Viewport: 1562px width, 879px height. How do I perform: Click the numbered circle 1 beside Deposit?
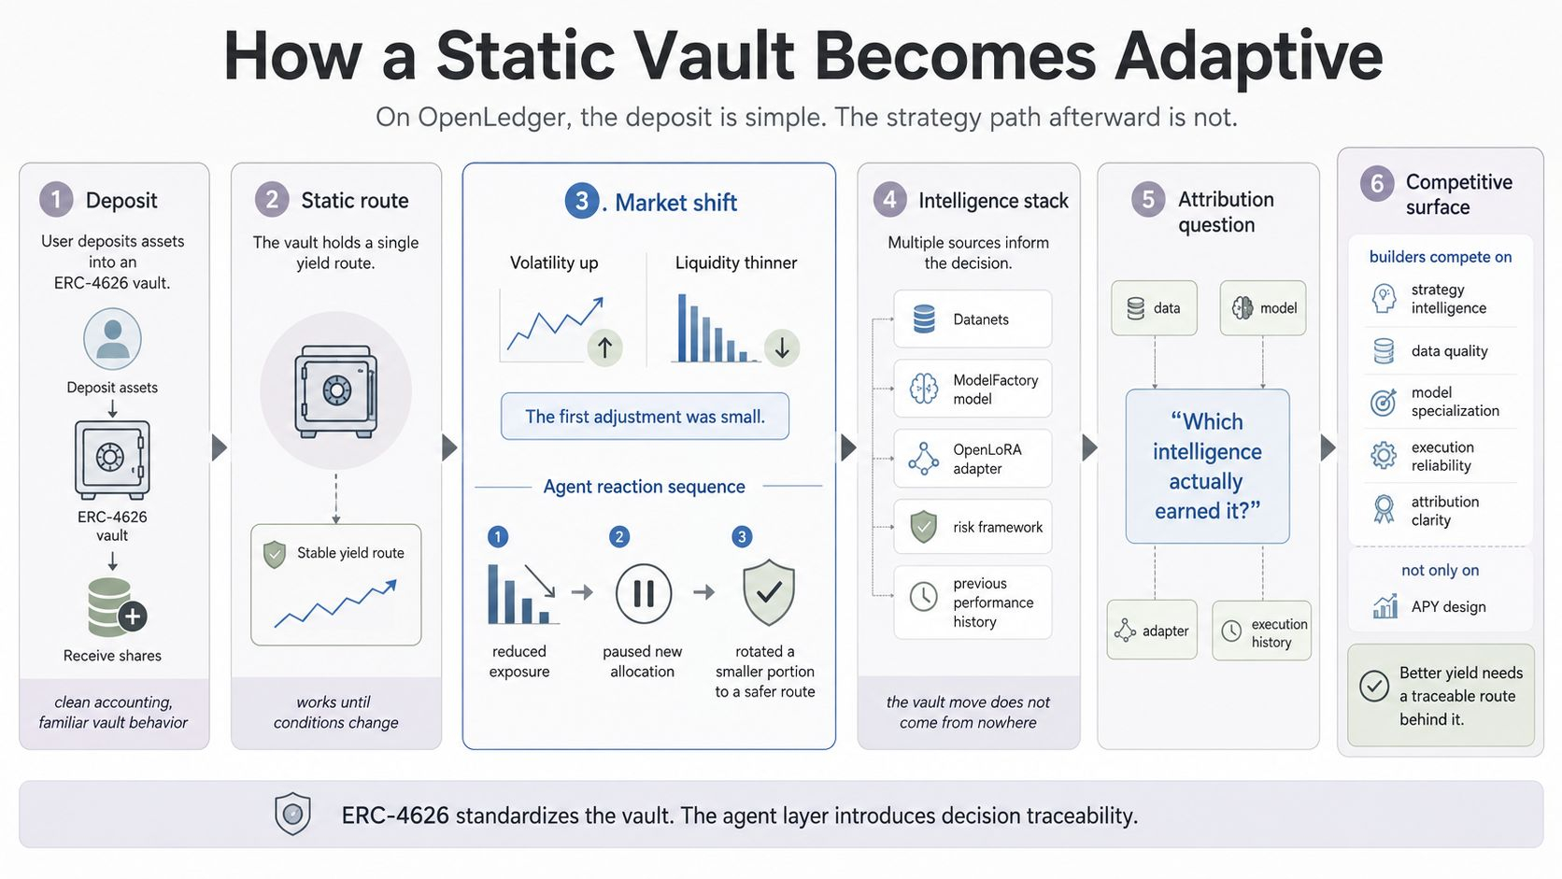pyautogui.click(x=56, y=199)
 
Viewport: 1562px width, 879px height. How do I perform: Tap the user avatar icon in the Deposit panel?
pyautogui.click(x=112, y=339)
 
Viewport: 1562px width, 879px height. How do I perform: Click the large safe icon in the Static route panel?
pyautogui.click(x=336, y=391)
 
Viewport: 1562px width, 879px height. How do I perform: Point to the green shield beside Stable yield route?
pyautogui.click(x=275, y=554)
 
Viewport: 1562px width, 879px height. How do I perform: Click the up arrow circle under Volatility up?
pyautogui.click(x=604, y=347)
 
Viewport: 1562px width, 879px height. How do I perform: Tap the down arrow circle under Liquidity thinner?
pyautogui.click(x=782, y=347)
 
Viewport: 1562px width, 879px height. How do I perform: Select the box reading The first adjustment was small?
pyautogui.click(x=645, y=417)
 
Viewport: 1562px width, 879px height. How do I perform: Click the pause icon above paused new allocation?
pyautogui.click(x=643, y=593)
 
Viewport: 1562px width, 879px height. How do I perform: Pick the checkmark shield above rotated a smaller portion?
pyautogui.click(x=769, y=592)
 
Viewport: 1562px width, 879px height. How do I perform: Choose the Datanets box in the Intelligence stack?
pyautogui.click(x=973, y=319)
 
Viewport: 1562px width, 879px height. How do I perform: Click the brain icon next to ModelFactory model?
pyautogui.click(x=924, y=389)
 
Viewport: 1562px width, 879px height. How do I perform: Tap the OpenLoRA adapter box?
pyautogui.click(x=973, y=459)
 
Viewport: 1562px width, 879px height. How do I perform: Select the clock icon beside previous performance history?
pyautogui.click(x=924, y=598)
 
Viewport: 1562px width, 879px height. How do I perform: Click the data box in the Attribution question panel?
pyautogui.click(x=1154, y=308)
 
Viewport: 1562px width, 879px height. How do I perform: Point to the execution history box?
pyautogui.click(x=1261, y=631)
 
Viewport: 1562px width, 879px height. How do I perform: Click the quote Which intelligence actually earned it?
pyautogui.click(x=1208, y=466)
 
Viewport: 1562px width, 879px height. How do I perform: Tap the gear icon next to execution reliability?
pyautogui.click(x=1384, y=456)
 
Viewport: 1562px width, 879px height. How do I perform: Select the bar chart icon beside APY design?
pyautogui.click(x=1384, y=606)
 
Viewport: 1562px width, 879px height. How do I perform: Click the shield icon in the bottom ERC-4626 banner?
pyautogui.click(x=293, y=814)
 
